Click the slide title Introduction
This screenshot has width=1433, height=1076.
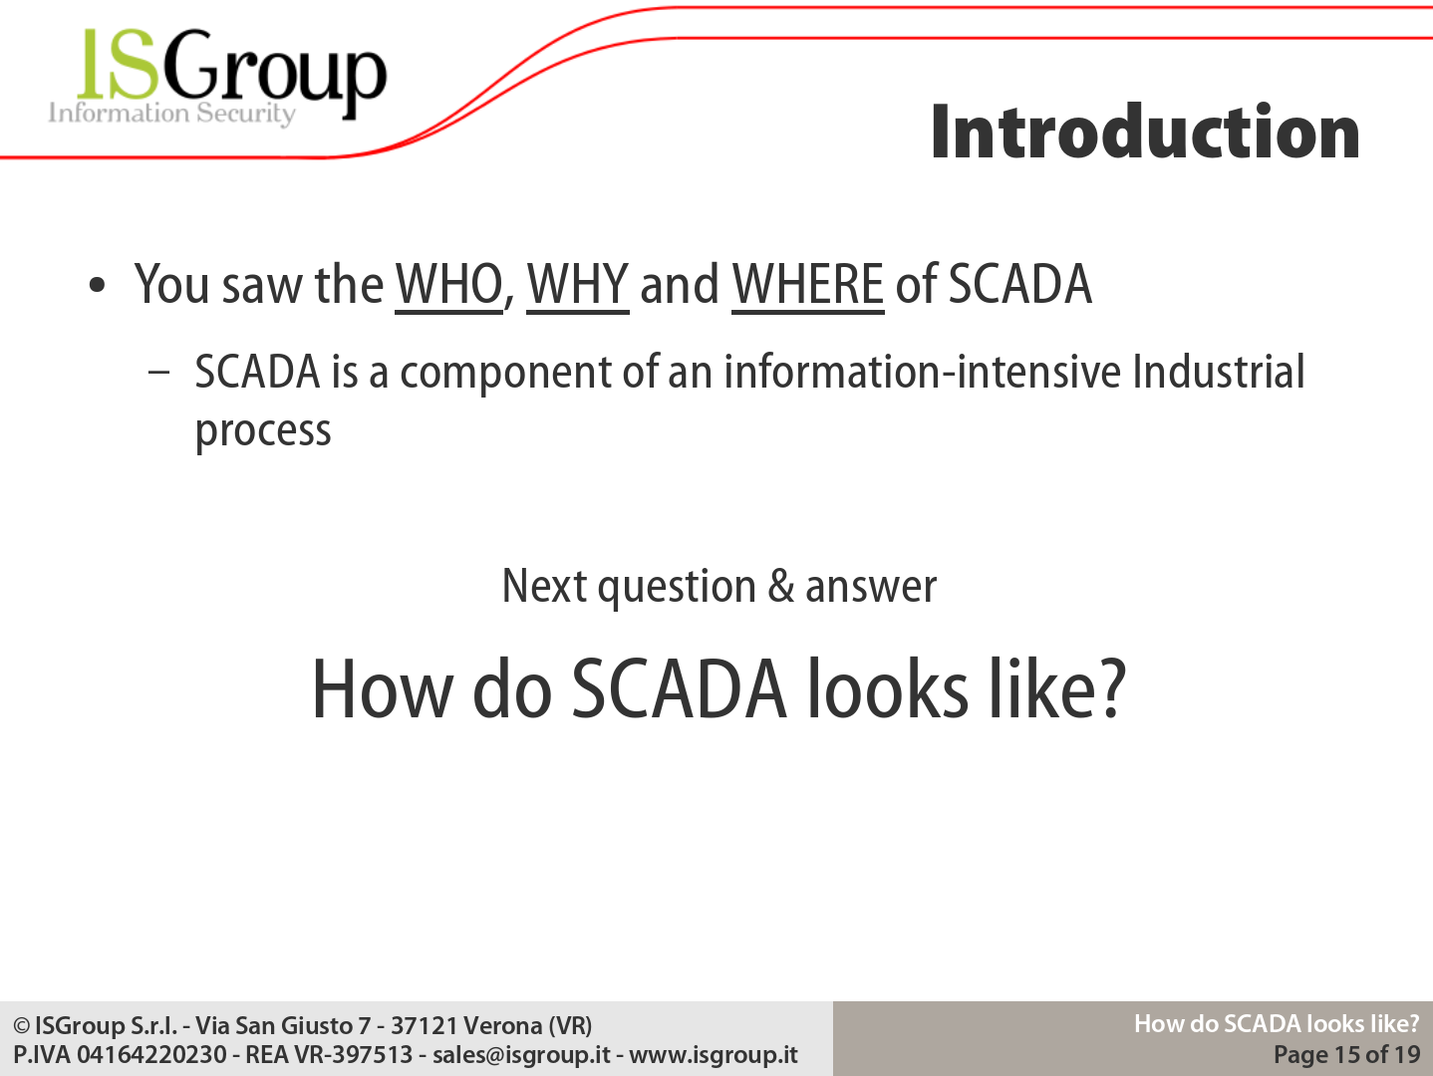tap(1145, 132)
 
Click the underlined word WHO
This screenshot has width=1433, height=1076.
tap(448, 285)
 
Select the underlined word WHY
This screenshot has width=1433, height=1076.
tap(578, 285)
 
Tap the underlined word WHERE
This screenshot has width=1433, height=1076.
tap(807, 285)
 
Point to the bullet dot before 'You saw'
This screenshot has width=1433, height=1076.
tap(97, 285)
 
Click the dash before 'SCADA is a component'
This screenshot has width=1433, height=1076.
tap(159, 373)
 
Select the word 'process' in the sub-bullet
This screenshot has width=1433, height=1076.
tap(263, 431)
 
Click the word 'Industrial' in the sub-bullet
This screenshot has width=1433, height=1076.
tap(1218, 372)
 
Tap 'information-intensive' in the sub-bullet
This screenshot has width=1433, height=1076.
tap(923, 372)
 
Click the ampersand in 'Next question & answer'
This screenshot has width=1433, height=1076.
tap(781, 585)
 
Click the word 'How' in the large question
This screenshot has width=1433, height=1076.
tap(382, 689)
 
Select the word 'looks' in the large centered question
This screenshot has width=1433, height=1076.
tap(888, 688)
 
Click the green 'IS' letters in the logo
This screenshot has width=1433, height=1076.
tap(119, 64)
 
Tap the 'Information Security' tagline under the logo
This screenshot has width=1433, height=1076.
tap(171, 114)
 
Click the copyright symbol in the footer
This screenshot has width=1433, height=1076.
tap(22, 1026)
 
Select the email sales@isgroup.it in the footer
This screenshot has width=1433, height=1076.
tap(521, 1054)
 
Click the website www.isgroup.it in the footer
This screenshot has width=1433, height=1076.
tap(714, 1054)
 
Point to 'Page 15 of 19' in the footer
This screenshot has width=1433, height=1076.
tap(1347, 1054)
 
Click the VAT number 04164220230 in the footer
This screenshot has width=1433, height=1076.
tap(151, 1054)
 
